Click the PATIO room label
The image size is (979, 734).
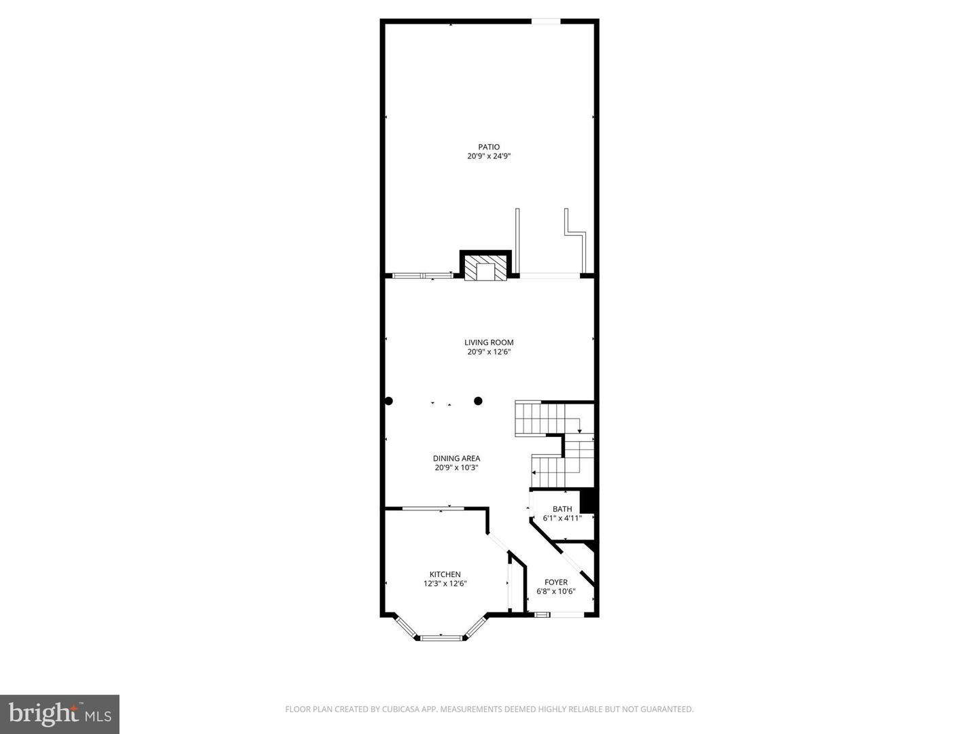click(x=488, y=147)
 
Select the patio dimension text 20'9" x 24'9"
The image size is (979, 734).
click(x=488, y=156)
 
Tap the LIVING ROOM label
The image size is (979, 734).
click(x=488, y=343)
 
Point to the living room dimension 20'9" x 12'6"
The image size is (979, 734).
click(x=488, y=352)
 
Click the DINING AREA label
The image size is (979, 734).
click(x=456, y=458)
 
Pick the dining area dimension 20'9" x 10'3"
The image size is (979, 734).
click(x=456, y=468)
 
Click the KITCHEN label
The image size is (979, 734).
click(x=445, y=574)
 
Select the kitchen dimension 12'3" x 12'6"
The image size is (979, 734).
click(x=445, y=584)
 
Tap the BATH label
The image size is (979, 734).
click(x=562, y=509)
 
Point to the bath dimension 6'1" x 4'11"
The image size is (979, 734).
click(x=562, y=518)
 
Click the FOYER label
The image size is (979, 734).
click(x=555, y=582)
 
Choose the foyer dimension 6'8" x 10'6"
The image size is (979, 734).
click(x=555, y=591)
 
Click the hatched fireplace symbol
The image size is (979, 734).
click(x=485, y=270)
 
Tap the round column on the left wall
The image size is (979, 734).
click(x=388, y=401)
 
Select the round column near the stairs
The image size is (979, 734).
click(x=478, y=401)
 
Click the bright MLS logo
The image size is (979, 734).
click(x=59, y=714)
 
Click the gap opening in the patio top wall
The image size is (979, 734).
click(x=545, y=22)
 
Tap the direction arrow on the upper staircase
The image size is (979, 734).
click(x=579, y=430)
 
